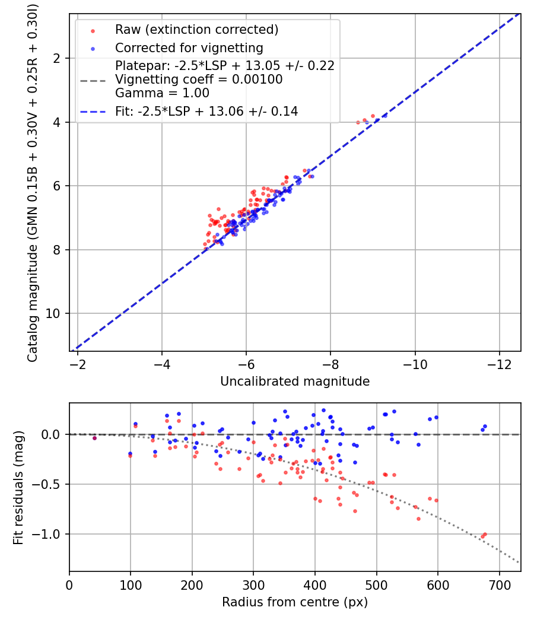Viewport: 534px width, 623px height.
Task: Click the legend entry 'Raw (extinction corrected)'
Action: coord(196,30)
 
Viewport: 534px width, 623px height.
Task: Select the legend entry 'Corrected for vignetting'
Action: coord(189,48)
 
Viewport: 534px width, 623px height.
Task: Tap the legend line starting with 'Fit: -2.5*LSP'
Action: coord(206,111)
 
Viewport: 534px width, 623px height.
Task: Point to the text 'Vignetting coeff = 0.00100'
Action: coord(199,80)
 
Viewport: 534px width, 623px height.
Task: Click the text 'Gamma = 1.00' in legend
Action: coord(162,93)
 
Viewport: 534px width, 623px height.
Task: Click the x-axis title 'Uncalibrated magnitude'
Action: coord(295,382)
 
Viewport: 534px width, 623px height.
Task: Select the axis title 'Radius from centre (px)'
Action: coord(295,602)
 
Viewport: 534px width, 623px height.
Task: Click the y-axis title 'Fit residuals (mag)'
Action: coord(18,488)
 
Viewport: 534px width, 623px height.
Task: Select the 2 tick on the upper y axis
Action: coord(58,58)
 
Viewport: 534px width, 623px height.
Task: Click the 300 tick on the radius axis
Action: coord(253,584)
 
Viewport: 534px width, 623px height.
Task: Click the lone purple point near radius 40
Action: coord(94,438)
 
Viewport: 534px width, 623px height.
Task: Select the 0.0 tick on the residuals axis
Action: coord(53,434)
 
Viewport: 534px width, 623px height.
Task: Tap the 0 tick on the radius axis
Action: coord(69,584)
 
